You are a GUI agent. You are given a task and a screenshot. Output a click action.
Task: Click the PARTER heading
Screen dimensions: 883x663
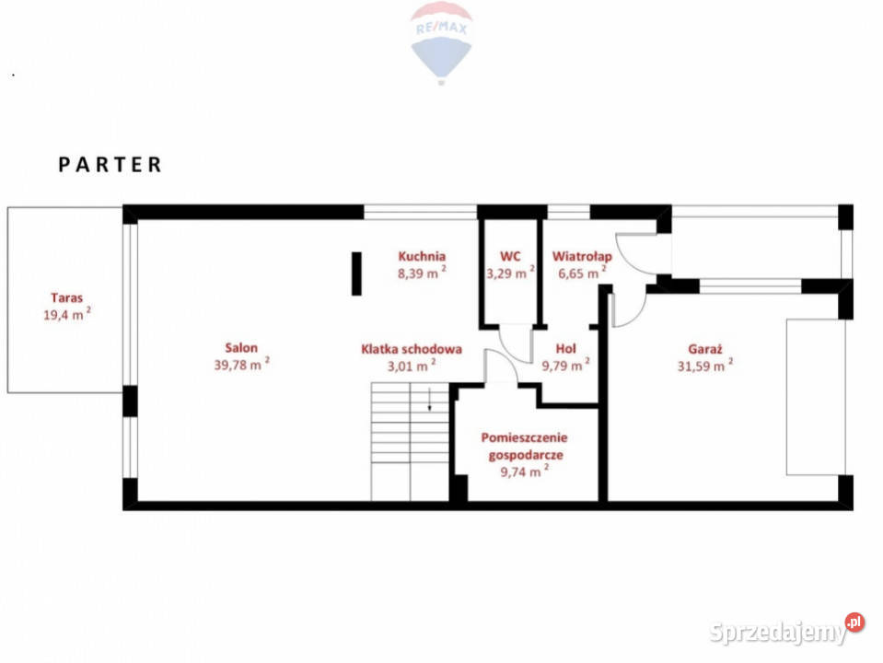[110, 165]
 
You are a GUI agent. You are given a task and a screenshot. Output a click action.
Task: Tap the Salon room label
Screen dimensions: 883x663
[241, 347]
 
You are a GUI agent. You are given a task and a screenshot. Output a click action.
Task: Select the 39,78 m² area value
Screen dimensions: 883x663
[241, 364]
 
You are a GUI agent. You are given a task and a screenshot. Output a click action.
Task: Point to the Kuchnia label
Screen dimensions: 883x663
[422, 256]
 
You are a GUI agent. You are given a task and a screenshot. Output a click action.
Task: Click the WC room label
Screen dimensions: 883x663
[510, 256]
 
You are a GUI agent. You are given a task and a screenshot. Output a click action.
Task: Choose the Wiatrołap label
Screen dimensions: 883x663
[582, 257]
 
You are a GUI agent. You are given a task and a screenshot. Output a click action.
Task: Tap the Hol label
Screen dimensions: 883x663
[566, 349]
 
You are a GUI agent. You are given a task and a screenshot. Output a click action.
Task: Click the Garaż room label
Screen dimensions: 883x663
[705, 349]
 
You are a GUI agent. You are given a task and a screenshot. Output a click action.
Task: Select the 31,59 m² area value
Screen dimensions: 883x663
[705, 366]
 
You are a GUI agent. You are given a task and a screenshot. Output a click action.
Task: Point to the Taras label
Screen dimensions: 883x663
[67, 297]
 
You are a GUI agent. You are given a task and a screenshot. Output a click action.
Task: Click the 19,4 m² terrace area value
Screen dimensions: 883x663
[67, 314]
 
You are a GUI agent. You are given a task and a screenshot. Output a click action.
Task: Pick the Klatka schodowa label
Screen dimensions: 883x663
[412, 349]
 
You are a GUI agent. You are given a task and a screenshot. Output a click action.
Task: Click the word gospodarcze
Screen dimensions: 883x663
[526, 455]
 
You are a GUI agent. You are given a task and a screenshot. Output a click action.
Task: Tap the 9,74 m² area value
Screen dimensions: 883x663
[525, 471]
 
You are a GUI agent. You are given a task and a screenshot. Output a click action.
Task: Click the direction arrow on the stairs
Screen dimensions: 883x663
[430, 399]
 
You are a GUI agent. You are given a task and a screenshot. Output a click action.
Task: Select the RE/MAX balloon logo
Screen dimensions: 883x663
[442, 42]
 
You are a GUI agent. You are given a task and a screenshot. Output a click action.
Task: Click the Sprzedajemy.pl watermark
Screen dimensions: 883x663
[786, 630]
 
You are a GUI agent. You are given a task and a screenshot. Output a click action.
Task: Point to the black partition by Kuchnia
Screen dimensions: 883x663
[356, 273]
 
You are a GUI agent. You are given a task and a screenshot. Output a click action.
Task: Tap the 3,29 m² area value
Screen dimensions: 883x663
[510, 273]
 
